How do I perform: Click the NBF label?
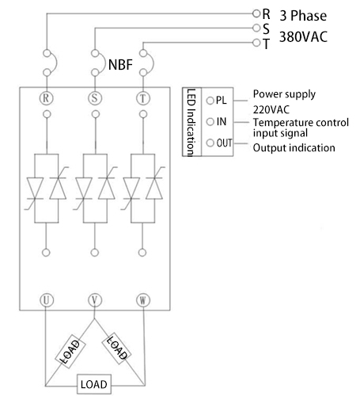pyautogui.click(x=120, y=64)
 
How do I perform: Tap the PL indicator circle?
pyautogui.click(x=210, y=101)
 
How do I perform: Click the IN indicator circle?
pyautogui.click(x=210, y=122)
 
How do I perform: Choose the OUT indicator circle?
pyautogui.click(x=210, y=143)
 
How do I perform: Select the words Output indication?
pyautogui.click(x=294, y=148)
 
